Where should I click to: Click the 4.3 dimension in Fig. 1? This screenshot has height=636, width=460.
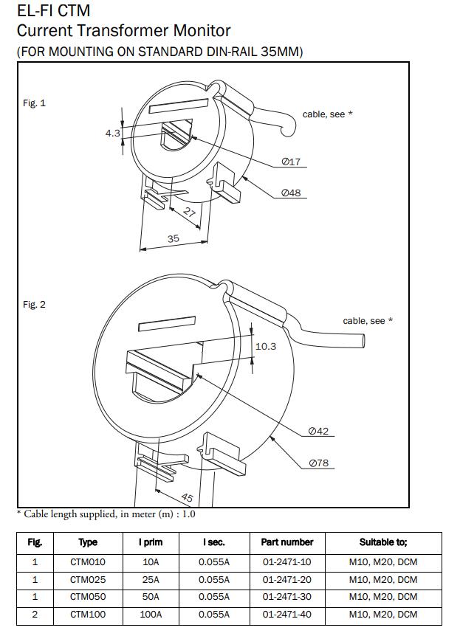click(x=112, y=133)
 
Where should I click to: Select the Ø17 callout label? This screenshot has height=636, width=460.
click(x=291, y=162)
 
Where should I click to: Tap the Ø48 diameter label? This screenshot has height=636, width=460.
click(x=291, y=193)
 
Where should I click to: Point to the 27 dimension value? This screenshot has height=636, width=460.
click(x=189, y=212)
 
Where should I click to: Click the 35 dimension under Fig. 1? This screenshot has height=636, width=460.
click(x=174, y=238)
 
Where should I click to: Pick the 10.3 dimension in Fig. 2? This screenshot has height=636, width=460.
click(x=266, y=346)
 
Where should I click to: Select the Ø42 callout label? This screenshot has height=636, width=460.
click(x=318, y=431)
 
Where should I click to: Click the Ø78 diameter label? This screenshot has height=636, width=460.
click(x=319, y=463)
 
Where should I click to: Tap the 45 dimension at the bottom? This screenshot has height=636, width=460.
click(x=187, y=497)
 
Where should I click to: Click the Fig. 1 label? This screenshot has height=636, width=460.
click(x=34, y=103)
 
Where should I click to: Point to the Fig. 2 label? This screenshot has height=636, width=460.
click(x=34, y=305)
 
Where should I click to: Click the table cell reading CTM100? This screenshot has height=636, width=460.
click(x=88, y=615)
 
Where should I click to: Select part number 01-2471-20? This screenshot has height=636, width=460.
click(x=287, y=580)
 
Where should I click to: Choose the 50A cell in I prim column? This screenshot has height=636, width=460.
click(x=151, y=597)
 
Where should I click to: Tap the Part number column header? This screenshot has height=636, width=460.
click(x=287, y=542)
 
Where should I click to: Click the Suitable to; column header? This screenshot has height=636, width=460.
click(x=383, y=542)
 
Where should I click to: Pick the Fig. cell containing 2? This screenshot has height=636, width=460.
click(x=35, y=615)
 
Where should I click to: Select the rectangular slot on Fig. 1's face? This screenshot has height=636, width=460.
click(x=179, y=106)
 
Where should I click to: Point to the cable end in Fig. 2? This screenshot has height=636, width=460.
click(x=362, y=341)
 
